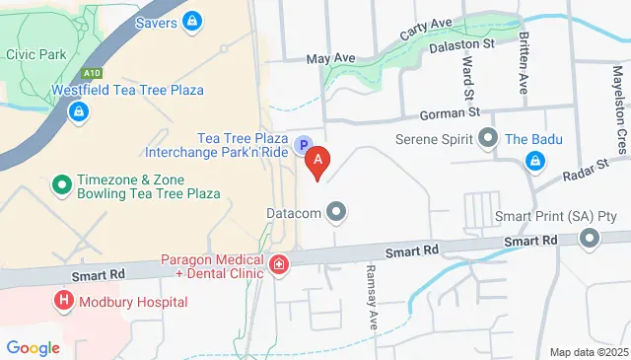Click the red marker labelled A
click(x=317, y=158)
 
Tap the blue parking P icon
click(x=305, y=144)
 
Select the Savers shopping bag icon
click(x=193, y=20)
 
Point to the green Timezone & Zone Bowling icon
click(x=61, y=184)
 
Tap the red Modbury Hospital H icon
click(x=64, y=300)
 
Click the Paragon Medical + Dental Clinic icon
click(x=279, y=263)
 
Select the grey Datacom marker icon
click(x=337, y=211)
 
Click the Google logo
click(x=33, y=347)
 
